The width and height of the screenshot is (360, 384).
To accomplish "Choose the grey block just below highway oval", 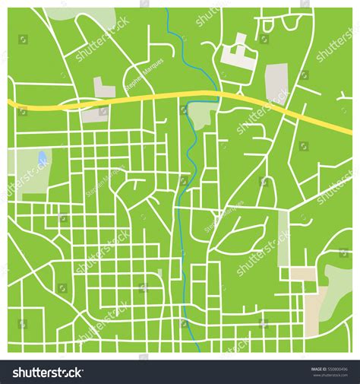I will [x=95, y=115].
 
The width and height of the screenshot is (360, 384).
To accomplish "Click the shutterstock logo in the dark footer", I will [x=47, y=372].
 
